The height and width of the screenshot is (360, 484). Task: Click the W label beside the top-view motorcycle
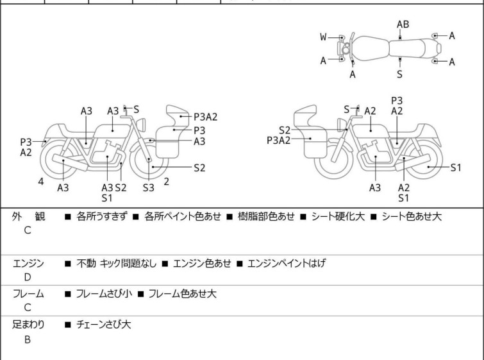pyautogui.click(x=323, y=37)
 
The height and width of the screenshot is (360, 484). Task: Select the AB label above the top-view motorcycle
pyautogui.click(x=403, y=24)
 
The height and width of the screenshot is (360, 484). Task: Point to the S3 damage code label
pyautogui.click(x=149, y=187)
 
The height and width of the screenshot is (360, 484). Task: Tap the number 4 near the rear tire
pyautogui.click(x=40, y=182)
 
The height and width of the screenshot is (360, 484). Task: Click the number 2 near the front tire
pyautogui.click(x=167, y=182)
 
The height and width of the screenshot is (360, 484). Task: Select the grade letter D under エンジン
pyautogui.click(x=27, y=277)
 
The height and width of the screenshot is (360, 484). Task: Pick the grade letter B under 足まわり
pyautogui.click(x=27, y=339)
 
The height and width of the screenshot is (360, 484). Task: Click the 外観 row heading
pyautogui.click(x=28, y=217)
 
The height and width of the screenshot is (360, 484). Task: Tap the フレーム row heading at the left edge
pyautogui.click(x=28, y=294)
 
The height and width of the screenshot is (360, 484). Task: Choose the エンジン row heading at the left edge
pyautogui.click(x=28, y=263)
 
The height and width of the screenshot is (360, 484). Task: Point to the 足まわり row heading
pyautogui.click(x=28, y=325)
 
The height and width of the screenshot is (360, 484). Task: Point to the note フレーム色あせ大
pyautogui.click(x=182, y=294)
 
